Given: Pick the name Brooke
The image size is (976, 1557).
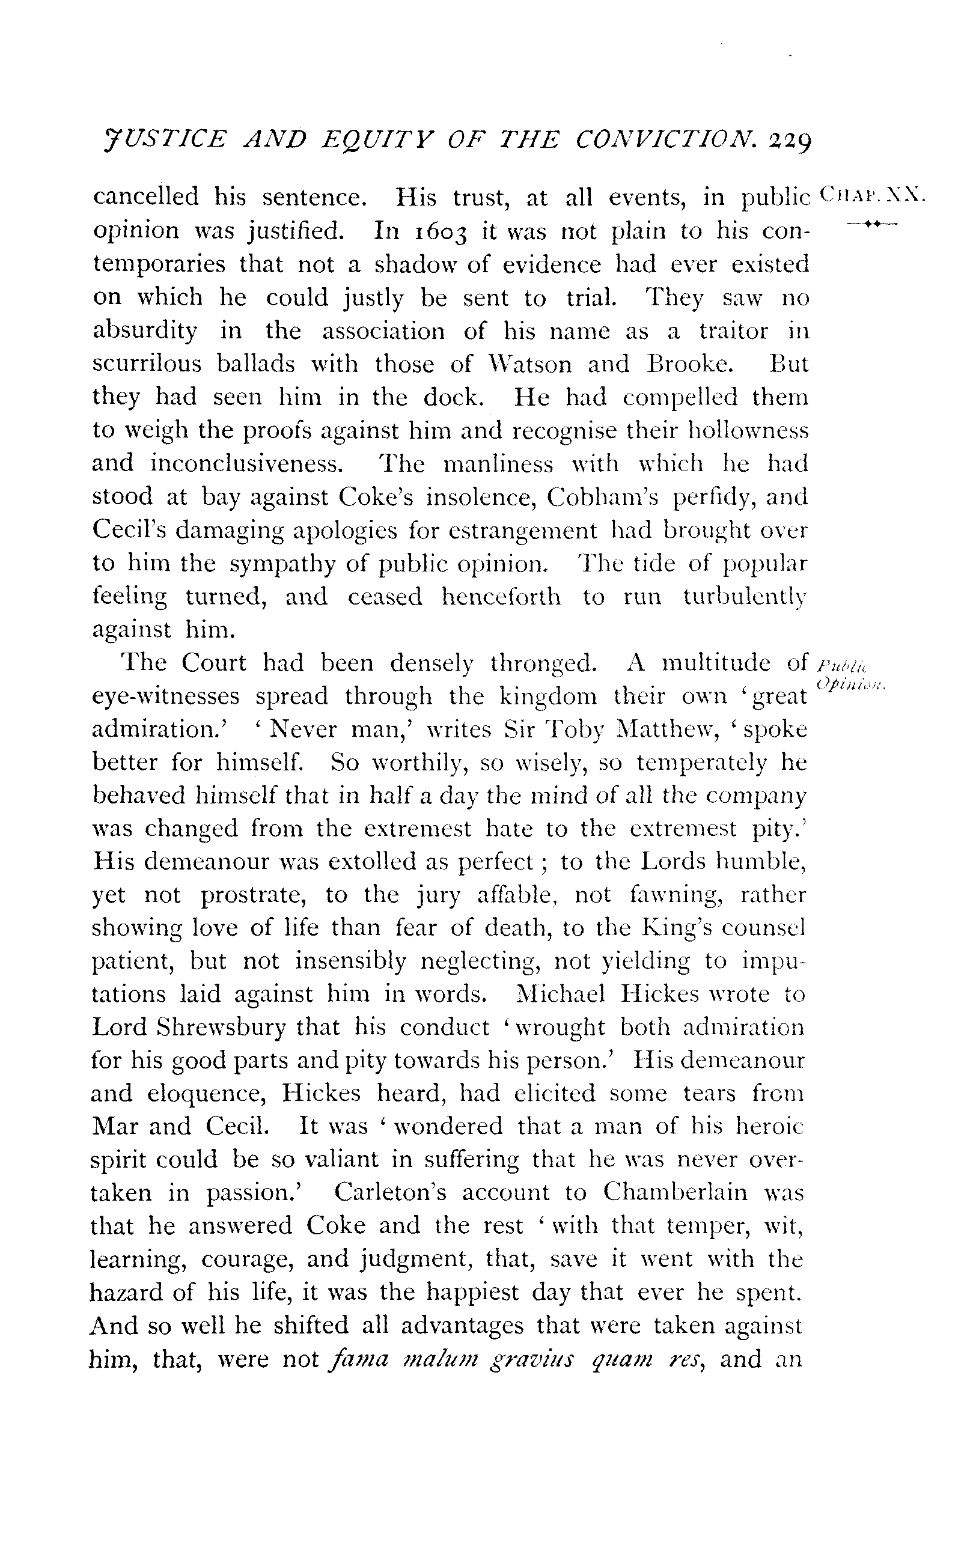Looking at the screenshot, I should click(x=689, y=365).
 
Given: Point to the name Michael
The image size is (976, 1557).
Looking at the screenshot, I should click(x=561, y=995).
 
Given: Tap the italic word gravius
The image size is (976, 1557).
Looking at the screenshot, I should click(x=532, y=1359).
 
